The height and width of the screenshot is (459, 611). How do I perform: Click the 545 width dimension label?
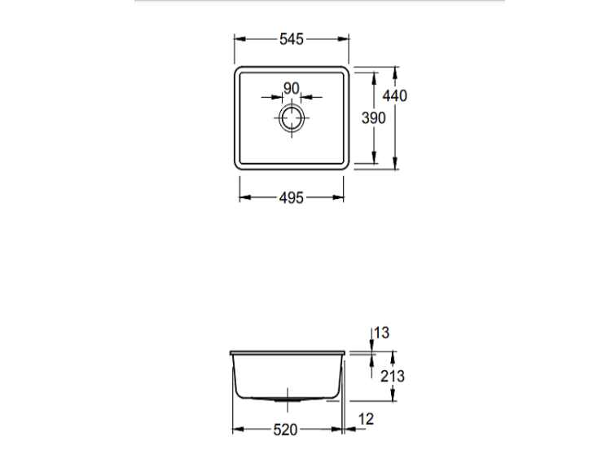pos(291,39)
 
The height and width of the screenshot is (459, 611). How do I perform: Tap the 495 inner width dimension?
pos(291,198)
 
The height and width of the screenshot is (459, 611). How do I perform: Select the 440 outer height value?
pos(395,95)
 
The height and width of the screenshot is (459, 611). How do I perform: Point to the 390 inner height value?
pos(374,117)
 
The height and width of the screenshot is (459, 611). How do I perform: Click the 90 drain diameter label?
pos(292,89)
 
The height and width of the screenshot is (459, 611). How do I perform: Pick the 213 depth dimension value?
pos(393,377)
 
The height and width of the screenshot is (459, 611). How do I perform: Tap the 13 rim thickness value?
pos(381,333)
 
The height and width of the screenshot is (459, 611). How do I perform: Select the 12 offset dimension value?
pos(366,419)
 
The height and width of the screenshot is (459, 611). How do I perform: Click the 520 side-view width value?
pos(285,430)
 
